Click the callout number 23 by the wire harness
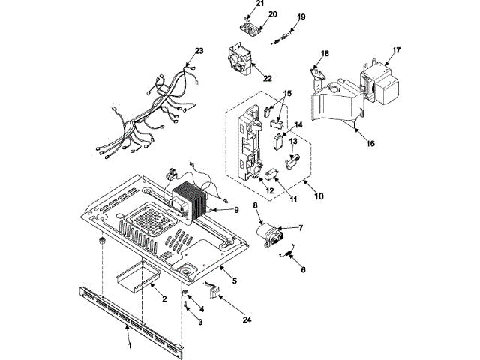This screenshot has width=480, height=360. coord(199,51)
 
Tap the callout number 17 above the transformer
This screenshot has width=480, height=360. coord(397,51)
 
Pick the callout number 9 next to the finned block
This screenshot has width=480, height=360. coord(235,211)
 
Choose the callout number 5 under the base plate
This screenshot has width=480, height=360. coord(234,281)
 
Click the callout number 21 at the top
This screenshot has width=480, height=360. coord(260,4)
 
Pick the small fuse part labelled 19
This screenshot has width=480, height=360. coord(285,32)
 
